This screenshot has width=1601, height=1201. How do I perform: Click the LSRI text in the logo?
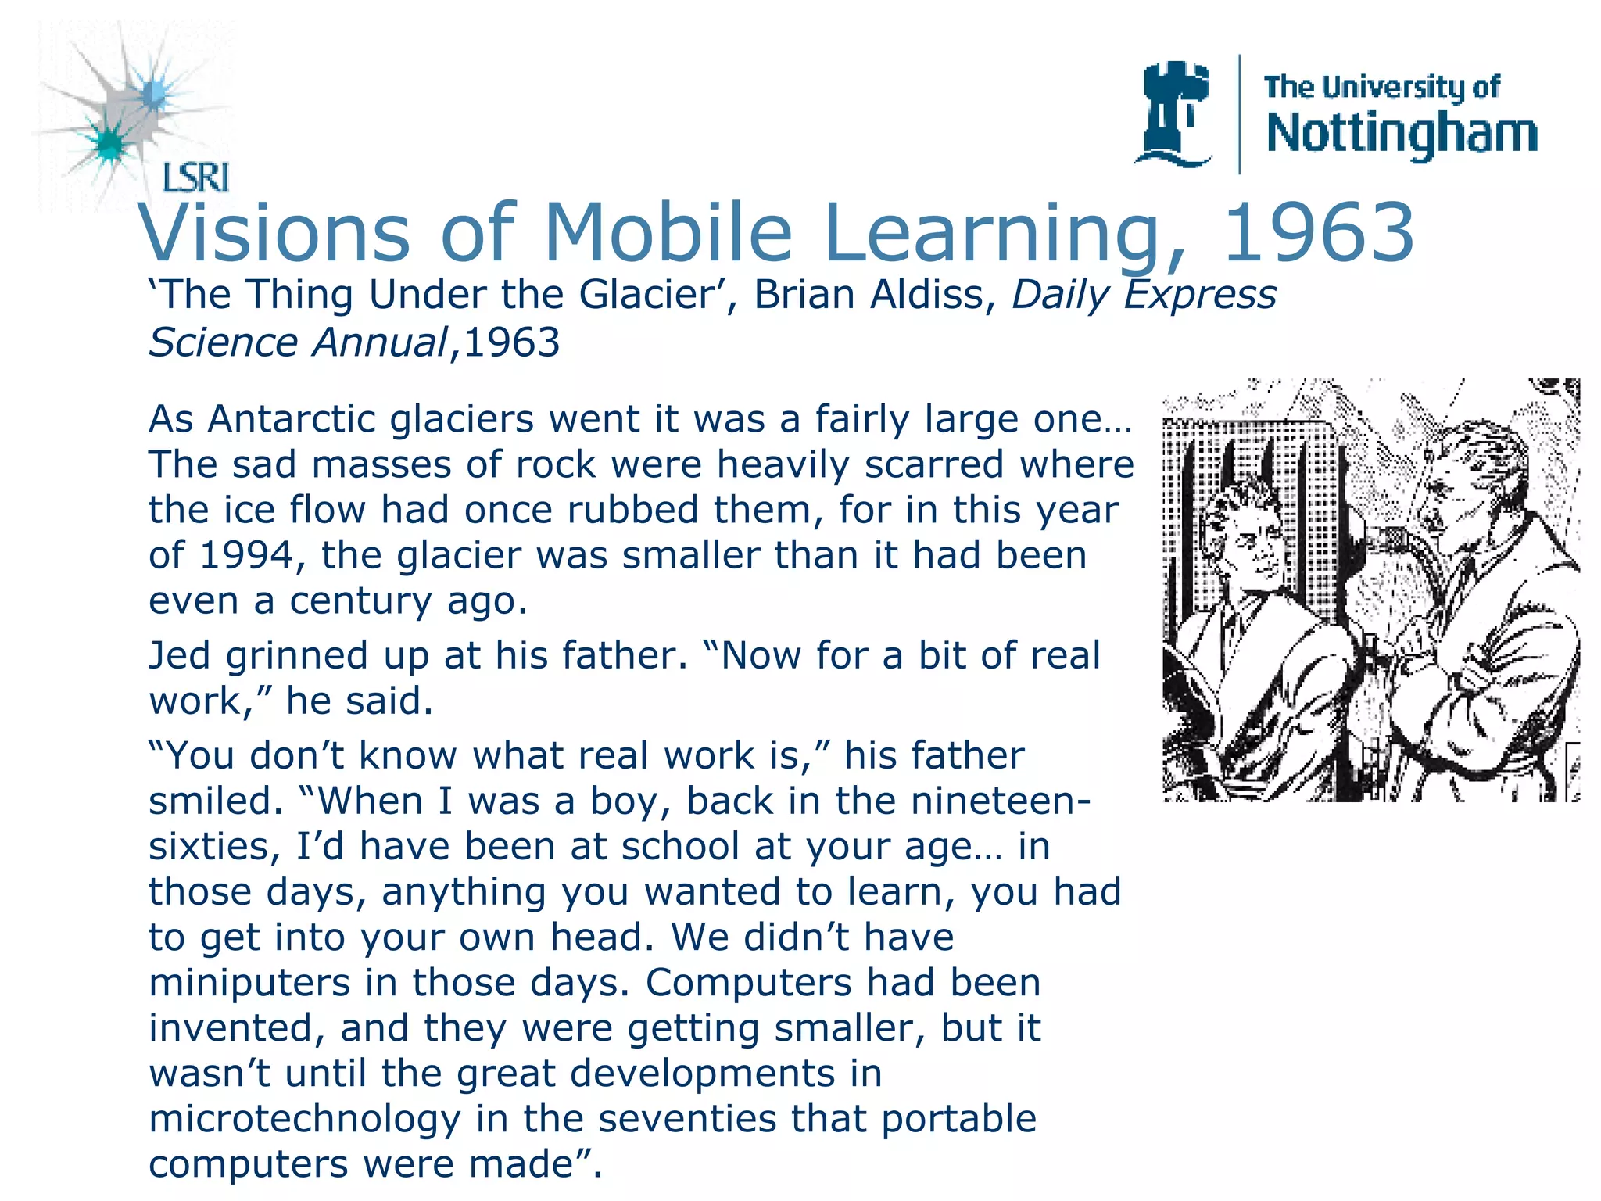click(x=195, y=178)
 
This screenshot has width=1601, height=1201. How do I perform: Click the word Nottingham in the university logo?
click(x=1402, y=134)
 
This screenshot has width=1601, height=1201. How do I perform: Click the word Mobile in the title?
click(x=668, y=233)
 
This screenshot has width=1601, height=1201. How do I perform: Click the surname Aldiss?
click(x=935, y=295)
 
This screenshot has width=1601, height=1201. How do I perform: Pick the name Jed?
click(x=180, y=655)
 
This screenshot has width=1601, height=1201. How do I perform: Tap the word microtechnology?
click(x=305, y=1119)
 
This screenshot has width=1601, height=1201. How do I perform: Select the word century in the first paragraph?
click(x=360, y=601)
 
